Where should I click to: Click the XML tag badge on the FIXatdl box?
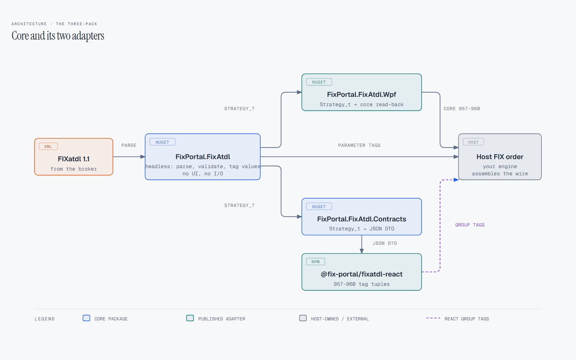(x=48, y=146)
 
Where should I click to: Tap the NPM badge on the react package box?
(x=315, y=261)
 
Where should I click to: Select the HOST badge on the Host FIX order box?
(x=473, y=142)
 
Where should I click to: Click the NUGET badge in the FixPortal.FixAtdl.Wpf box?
(x=319, y=82)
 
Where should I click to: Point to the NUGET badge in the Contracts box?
(x=319, y=207)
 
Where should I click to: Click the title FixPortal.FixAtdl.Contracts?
(x=361, y=219)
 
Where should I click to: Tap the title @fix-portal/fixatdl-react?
(x=361, y=274)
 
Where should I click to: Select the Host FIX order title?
(x=500, y=157)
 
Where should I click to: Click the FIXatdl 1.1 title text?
(x=73, y=159)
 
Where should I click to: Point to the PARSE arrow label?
(x=129, y=145)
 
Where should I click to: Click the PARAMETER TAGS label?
(x=359, y=145)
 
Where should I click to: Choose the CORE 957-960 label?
(x=462, y=108)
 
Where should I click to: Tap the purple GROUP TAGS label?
(x=470, y=225)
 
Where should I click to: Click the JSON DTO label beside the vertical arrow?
(x=385, y=243)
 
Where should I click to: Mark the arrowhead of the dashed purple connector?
(x=456, y=180)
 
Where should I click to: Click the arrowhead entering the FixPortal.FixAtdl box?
(x=143, y=157)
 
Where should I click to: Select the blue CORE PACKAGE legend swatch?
(x=86, y=318)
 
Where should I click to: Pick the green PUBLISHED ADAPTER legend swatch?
(x=190, y=318)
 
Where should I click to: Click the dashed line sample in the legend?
(x=433, y=318)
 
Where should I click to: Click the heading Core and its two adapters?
(x=58, y=36)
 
